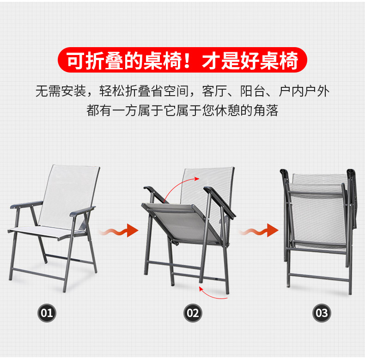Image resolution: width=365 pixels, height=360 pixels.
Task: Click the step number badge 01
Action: click(47, 313)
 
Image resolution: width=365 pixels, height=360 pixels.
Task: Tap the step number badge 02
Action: click(193, 313)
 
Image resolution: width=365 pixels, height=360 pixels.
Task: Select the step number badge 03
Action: click(322, 313)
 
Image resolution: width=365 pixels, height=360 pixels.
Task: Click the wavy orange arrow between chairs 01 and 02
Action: click(119, 231)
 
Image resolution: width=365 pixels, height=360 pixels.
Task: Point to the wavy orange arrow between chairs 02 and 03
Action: click(259, 231)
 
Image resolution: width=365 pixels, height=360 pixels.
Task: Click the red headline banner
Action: click(182, 60)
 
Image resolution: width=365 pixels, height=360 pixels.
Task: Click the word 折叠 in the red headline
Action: click(104, 61)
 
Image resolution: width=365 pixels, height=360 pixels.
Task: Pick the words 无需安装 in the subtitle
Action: click(61, 91)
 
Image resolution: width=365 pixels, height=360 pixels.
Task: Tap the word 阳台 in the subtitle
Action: click(253, 91)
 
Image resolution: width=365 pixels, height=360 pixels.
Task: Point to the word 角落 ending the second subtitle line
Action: click(266, 110)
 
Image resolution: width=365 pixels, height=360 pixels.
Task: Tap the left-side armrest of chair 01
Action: click(26, 204)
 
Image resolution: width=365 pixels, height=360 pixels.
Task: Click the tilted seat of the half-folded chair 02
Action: click(182, 222)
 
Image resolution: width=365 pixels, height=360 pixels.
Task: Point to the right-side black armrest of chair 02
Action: click(219, 202)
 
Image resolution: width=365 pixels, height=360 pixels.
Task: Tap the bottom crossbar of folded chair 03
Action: click(319, 277)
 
